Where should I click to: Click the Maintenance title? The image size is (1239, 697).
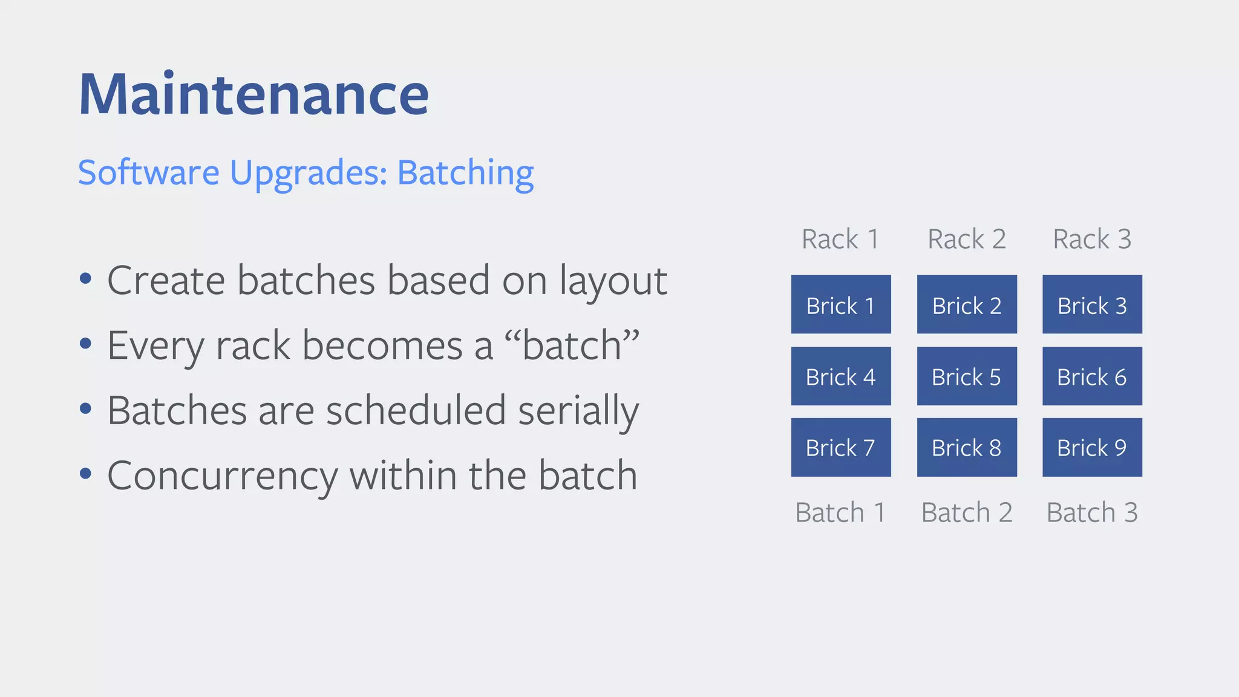pyautogui.click(x=253, y=94)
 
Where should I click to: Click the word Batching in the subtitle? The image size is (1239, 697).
pyautogui.click(x=465, y=173)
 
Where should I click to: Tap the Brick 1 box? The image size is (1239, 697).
pyautogui.click(x=840, y=304)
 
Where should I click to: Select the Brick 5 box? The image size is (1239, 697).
pyautogui.click(x=966, y=376)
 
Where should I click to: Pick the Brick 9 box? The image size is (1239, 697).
pyautogui.click(x=1092, y=448)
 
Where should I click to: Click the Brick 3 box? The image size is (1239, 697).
pyautogui.click(x=1092, y=304)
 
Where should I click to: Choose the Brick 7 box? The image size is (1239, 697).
pyautogui.click(x=840, y=448)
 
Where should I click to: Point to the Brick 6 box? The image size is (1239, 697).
pyautogui.click(x=1092, y=376)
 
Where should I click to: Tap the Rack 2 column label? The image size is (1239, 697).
pyautogui.click(x=966, y=239)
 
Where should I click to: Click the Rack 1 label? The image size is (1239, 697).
pyautogui.click(x=840, y=239)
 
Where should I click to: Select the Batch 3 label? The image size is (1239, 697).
pyautogui.click(x=1092, y=512)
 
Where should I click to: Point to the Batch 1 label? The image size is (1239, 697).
pyautogui.click(x=840, y=512)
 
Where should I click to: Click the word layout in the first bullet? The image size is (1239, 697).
pyautogui.click(x=612, y=282)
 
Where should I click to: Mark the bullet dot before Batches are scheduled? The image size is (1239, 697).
pyautogui.click(x=85, y=408)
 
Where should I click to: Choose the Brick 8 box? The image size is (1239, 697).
pyautogui.click(x=966, y=448)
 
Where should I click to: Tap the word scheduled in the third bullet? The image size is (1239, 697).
pyautogui.click(x=416, y=411)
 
